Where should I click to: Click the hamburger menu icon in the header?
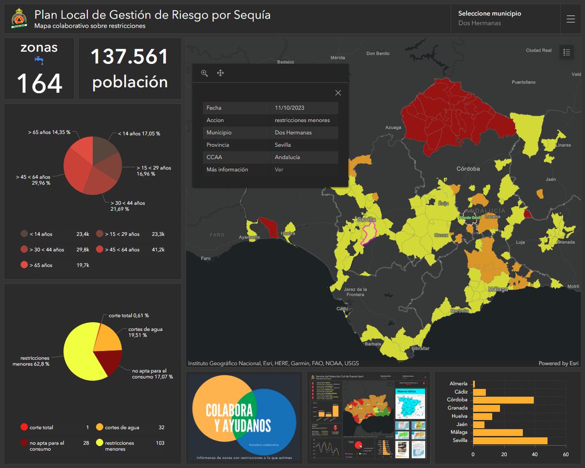click(571, 19)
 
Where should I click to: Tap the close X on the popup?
click(338, 93)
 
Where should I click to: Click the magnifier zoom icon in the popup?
click(205, 73)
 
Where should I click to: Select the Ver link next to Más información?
click(279, 170)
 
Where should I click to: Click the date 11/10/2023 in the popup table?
click(290, 108)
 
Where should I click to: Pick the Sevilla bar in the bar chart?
click(510, 440)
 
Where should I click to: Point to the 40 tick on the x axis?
click(535, 454)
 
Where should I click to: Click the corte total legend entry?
click(41, 428)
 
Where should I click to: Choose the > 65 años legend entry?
click(41, 265)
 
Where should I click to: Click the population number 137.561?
click(130, 57)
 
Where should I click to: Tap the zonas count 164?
click(39, 83)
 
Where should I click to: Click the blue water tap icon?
click(39, 60)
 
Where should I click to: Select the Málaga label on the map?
click(498, 289)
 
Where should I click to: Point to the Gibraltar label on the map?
click(420, 348)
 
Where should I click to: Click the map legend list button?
click(566, 52)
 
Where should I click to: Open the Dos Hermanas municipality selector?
click(505, 19)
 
